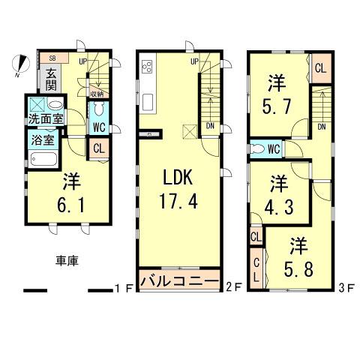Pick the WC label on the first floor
(x=98, y=126)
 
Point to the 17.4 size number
(x=178, y=202)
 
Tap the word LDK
(x=178, y=178)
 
